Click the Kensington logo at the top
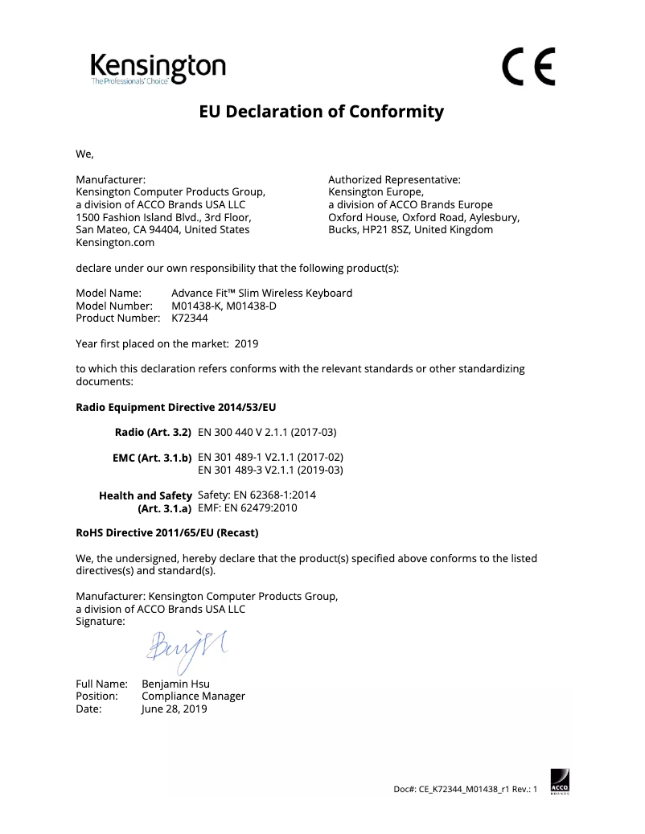tap(158, 68)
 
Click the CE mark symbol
tap(529, 68)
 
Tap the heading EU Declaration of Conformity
tap(322, 112)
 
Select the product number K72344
tap(190, 318)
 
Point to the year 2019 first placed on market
tap(246, 343)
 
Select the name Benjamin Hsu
tap(176, 684)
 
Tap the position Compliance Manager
tap(193, 696)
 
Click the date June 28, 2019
tap(175, 709)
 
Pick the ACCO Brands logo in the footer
tap(559, 781)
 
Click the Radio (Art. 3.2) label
tap(153, 432)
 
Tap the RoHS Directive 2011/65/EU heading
tap(167, 532)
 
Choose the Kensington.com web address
tap(115, 242)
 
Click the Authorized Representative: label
tap(394, 179)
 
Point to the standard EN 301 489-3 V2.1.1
tap(270, 470)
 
